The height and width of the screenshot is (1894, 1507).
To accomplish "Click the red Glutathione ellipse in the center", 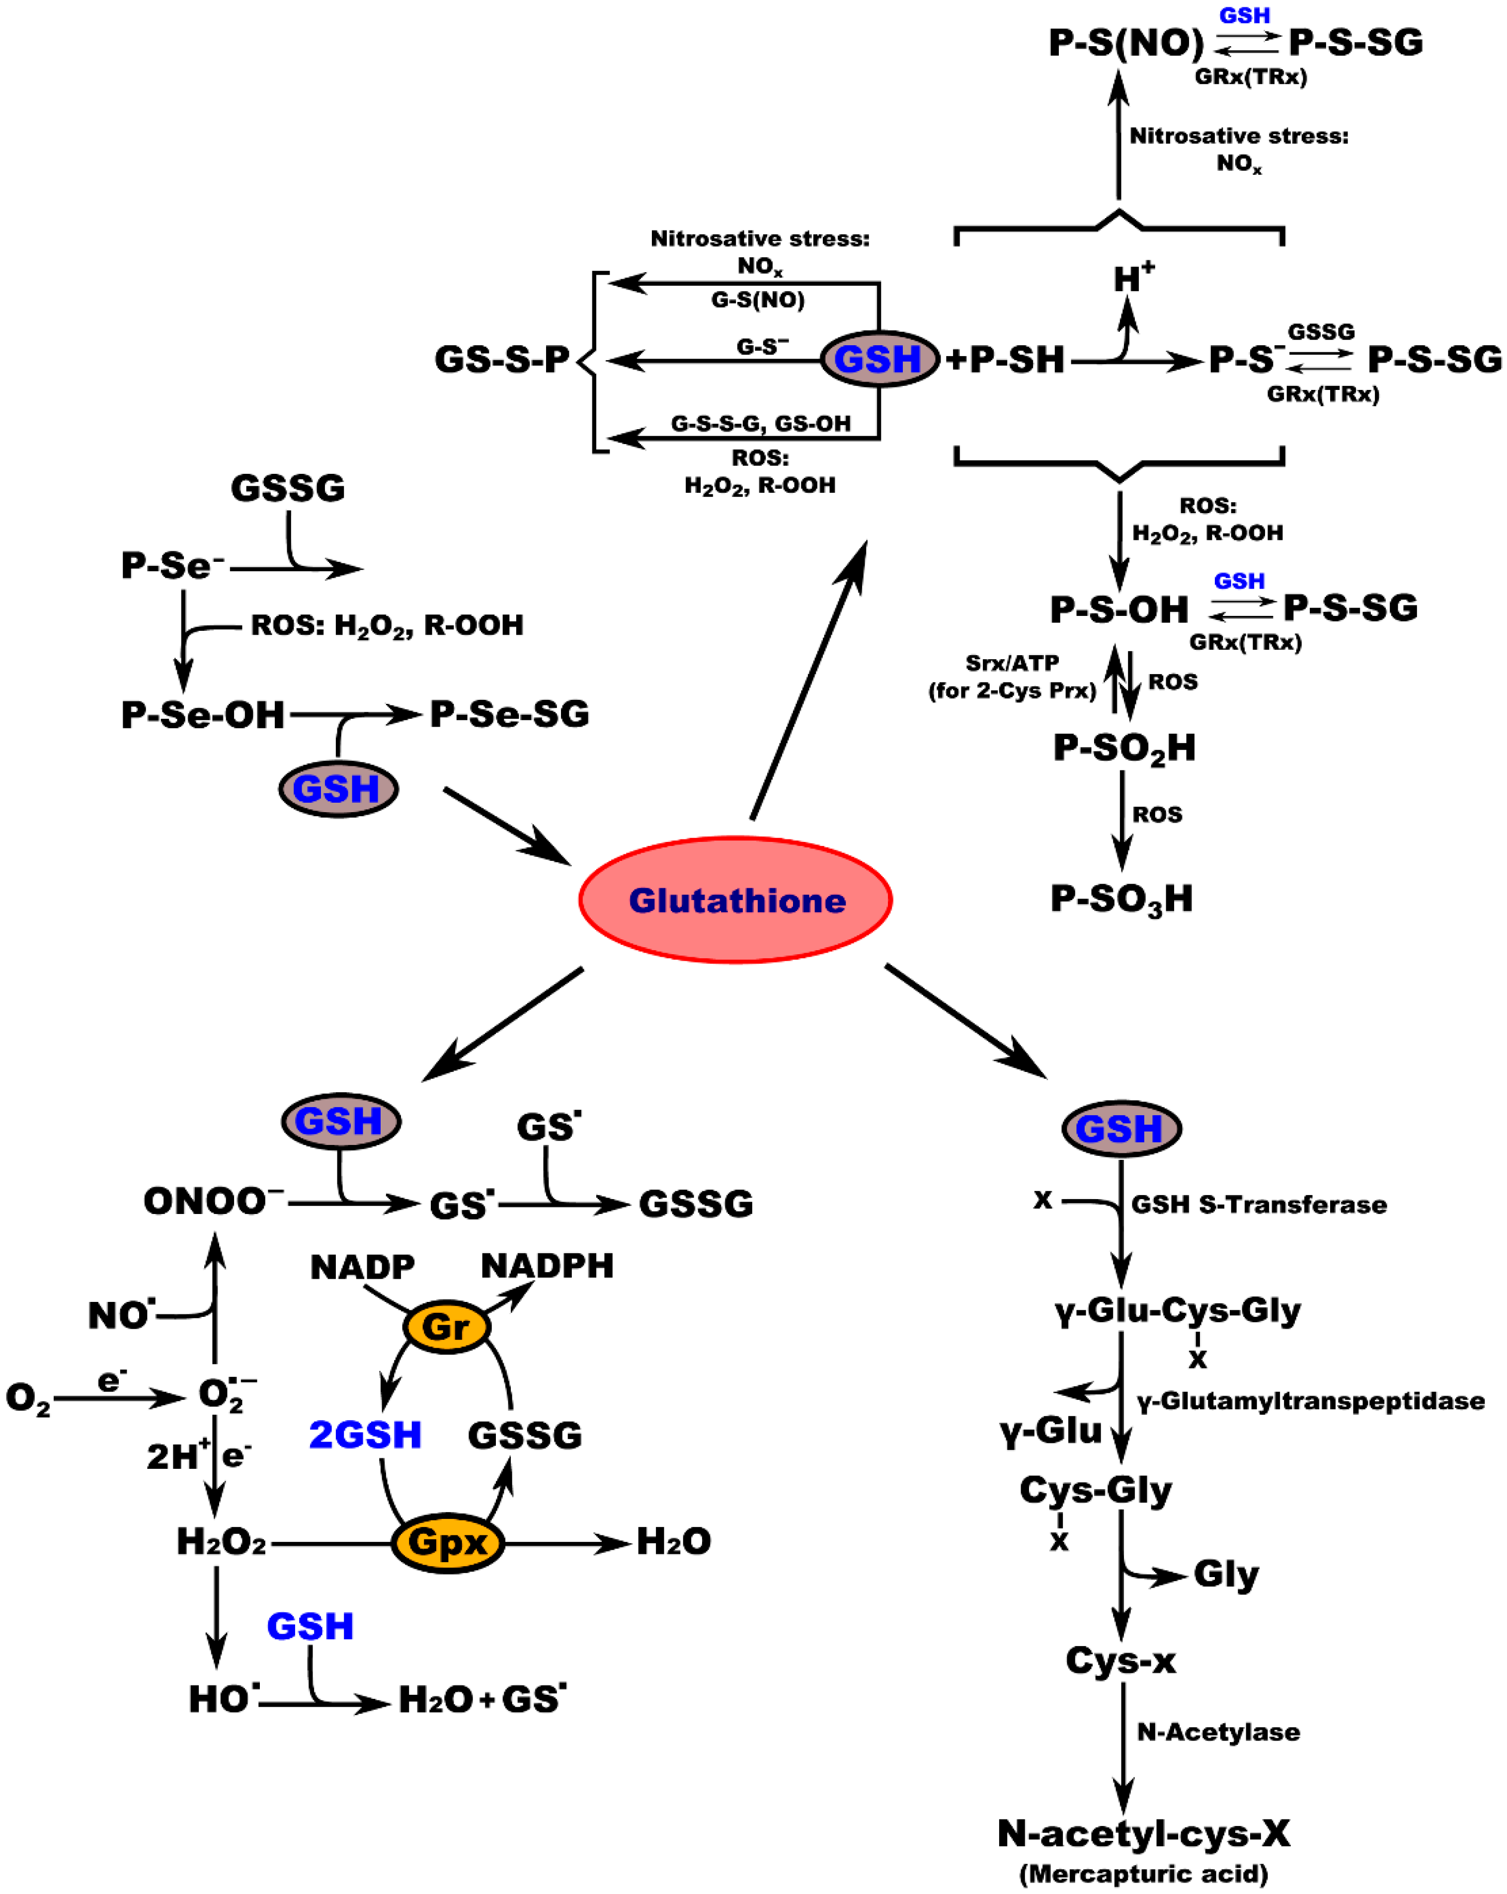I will point(735,901).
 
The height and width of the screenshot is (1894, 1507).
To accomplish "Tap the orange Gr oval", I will point(446,1327).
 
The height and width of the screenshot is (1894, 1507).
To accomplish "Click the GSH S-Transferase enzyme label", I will point(1259,1205).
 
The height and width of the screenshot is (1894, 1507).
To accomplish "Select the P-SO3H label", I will point(1121,899).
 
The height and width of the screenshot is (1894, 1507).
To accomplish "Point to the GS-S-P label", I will point(502,359).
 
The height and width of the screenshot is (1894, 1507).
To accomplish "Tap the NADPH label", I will point(547,1266).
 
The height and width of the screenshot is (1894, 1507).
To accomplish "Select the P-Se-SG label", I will point(509,714).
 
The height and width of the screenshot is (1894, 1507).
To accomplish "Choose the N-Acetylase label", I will point(1218,1733).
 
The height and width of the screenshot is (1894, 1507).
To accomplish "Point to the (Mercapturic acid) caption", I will point(1143,1874).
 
